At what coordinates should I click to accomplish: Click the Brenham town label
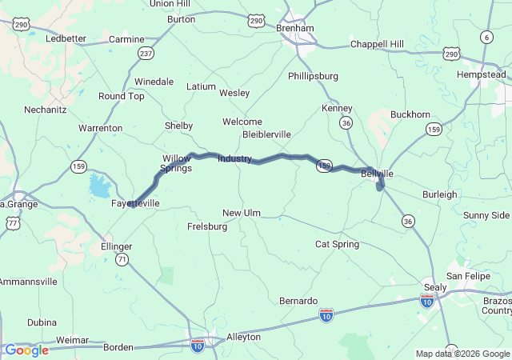point(294,27)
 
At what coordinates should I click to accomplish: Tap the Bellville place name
point(376,173)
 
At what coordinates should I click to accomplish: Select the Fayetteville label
point(134,204)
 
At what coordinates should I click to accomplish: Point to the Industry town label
point(234,158)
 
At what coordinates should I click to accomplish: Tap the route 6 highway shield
point(486,38)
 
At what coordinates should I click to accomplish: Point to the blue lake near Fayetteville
point(100,186)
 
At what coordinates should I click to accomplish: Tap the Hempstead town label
point(482,74)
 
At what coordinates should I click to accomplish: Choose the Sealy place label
point(435,287)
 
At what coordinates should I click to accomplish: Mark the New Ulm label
point(242,213)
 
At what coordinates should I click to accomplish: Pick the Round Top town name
point(122,96)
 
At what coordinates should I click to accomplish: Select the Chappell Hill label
point(377,44)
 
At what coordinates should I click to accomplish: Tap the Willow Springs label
point(176,163)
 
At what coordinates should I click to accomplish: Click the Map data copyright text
point(462,354)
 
